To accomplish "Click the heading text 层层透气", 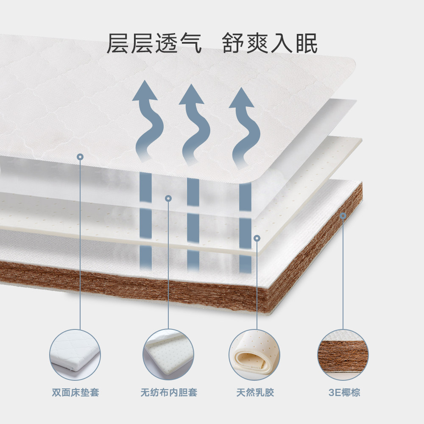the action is (153, 44).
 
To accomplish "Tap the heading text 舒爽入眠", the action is (270, 44).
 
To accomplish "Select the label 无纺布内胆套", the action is (169, 392).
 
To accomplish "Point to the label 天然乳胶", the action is (255, 392).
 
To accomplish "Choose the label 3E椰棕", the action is (344, 392).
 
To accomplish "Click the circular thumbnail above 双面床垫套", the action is (75, 354).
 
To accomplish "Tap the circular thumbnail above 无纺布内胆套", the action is (168, 354).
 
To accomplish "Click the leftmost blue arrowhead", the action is (145, 91).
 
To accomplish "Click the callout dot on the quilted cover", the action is (81, 157).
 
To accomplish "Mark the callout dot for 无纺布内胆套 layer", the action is (168, 198).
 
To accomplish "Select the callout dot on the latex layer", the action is (257, 238).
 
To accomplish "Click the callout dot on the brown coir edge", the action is (343, 217).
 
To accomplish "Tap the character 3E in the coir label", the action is (332, 392).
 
